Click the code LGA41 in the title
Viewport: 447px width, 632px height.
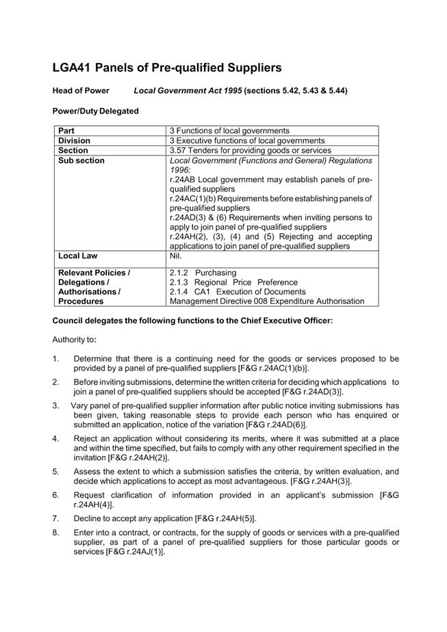coord(72,68)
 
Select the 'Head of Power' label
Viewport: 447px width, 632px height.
coord(81,90)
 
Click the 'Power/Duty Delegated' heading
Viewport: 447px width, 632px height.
coord(95,111)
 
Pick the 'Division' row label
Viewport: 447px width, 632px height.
coord(74,140)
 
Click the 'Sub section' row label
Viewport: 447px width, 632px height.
coord(81,160)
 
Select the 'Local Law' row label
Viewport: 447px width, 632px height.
coord(78,256)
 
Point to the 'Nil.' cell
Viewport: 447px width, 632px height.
coord(176,256)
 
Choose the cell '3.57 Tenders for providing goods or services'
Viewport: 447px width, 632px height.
coord(250,150)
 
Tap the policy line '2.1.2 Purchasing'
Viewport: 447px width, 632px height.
coord(203,273)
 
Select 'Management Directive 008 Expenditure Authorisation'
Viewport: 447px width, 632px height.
coord(267,301)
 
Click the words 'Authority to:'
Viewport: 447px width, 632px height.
coord(75,340)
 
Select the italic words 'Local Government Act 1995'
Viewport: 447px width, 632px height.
coord(188,90)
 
